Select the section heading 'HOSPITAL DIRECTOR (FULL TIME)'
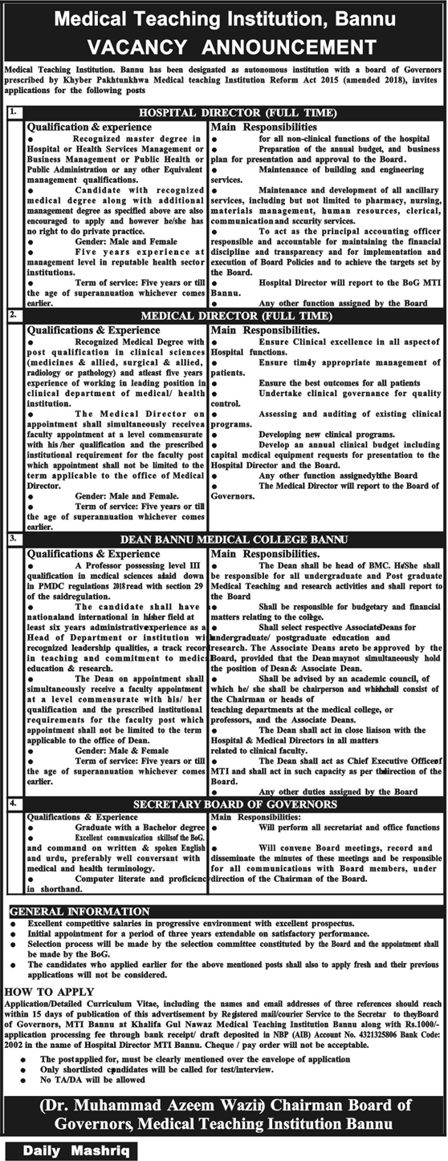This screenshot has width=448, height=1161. click(x=231, y=113)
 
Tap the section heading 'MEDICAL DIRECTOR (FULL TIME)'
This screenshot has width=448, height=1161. click(x=231, y=317)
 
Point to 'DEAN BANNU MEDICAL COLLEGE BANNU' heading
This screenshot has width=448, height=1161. click(x=231, y=539)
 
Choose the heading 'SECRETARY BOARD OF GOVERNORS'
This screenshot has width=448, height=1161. click(x=231, y=802)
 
